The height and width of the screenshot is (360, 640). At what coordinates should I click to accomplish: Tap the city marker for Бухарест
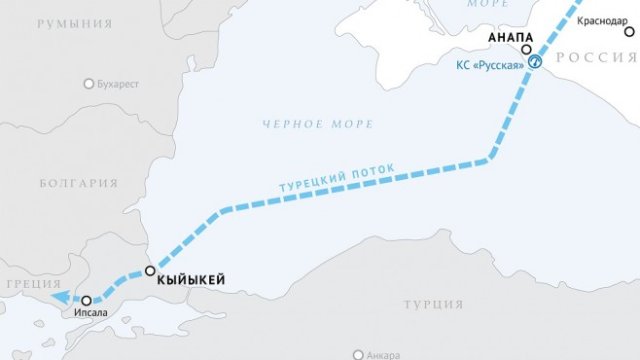tap(90, 84)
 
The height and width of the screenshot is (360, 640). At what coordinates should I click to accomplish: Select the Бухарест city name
tap(119, 84)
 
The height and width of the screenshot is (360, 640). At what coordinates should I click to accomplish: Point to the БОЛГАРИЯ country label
tap(79, 183)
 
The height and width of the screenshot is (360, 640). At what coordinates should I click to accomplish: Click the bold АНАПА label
tap(510, 38)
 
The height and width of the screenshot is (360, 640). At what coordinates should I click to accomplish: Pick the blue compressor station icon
tap(535, 62)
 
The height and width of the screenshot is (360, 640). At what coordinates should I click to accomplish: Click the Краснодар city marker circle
tap(630, 33)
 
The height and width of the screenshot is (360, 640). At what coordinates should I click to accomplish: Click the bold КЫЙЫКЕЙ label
tap(192, 281)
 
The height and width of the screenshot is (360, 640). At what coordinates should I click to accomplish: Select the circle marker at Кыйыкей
tap(150, 271)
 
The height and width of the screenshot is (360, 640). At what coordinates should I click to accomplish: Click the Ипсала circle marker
tap(87, 300)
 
